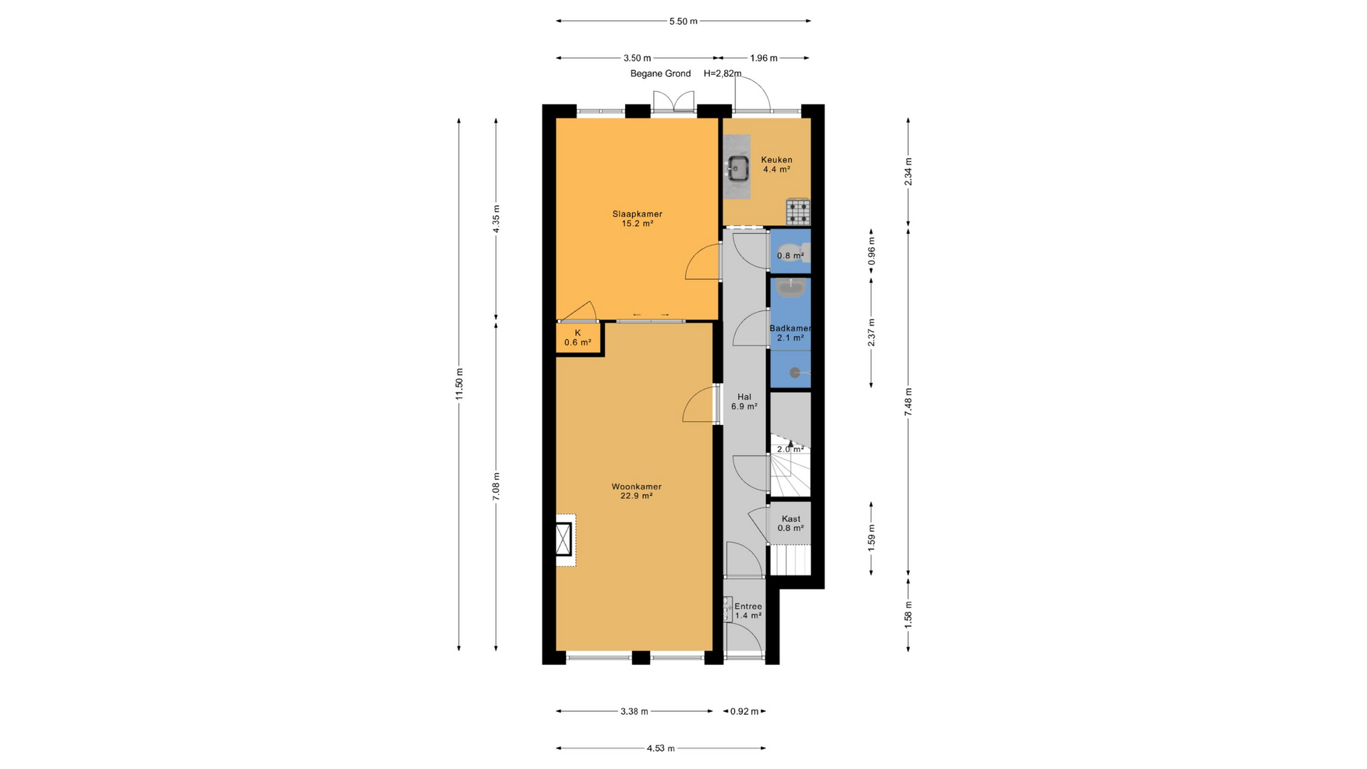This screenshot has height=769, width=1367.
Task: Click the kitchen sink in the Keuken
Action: [738, 168]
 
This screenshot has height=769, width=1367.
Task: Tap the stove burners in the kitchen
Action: [798, 211]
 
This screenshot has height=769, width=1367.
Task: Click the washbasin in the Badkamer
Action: [790, 288]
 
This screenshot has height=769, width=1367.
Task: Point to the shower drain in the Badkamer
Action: [795, 372]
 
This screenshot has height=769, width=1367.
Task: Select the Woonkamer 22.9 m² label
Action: [637, 491]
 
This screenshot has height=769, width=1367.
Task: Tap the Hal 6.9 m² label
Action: [744, 402]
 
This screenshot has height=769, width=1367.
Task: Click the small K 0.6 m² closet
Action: [578, 338]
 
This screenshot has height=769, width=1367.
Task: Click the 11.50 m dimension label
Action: [459, 384]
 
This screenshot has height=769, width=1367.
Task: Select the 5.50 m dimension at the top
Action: [683, 21]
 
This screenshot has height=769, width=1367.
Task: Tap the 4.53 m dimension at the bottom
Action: [661, 748]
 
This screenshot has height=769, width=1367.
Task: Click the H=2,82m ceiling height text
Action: [722, 73]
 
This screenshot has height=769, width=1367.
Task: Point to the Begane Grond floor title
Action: [661, 73]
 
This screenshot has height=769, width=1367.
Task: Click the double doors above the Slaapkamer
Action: [674, 102]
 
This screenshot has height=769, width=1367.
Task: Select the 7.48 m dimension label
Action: [908, 402]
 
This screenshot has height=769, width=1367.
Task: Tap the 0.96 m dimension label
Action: [871, 252]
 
